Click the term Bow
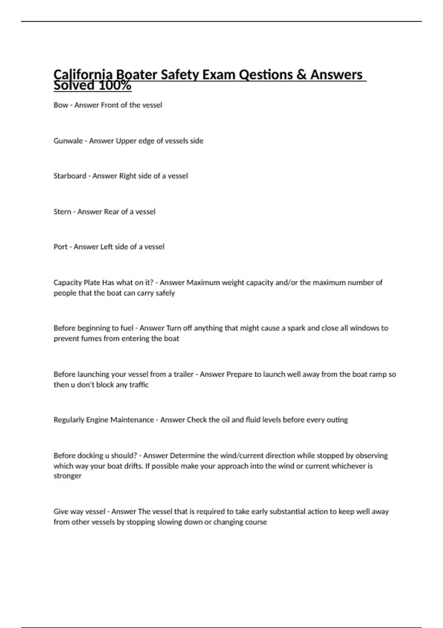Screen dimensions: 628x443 pos(61,105)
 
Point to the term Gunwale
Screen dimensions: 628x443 pos(68,141)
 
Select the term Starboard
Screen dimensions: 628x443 pos(70,176)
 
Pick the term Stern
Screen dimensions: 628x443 pos(62,212)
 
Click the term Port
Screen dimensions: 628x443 pos(60,246)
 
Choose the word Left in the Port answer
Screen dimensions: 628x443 pos(106,246)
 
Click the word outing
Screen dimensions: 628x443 pos(337,420)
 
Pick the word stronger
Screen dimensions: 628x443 pos(67,476)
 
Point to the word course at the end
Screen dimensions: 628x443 pos(256,522)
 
